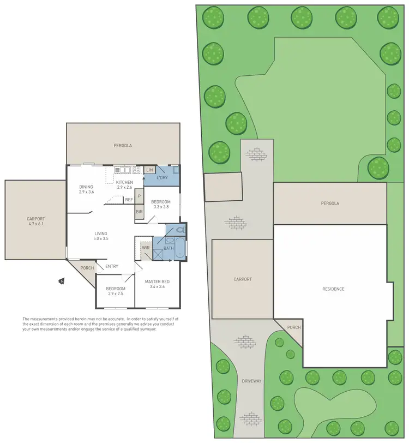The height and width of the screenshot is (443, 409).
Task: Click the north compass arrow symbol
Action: tap(62, 282)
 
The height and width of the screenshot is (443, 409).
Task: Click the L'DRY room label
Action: tap(162, 178)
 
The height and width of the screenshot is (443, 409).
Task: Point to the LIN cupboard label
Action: tap(150, 170)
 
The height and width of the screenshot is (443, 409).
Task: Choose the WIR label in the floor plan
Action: tap(146, 248)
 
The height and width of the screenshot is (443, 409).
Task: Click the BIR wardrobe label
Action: tap(140, 211)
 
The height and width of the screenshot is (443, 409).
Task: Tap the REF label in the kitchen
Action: tap(129, 200)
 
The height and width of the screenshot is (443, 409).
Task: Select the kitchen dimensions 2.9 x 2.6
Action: tap(124, 187)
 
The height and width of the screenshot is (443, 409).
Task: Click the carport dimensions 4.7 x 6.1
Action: tap(35, 224)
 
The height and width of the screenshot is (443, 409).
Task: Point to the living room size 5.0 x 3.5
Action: tap(100, 238)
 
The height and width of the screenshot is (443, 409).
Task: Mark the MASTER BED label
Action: tap(157, 282)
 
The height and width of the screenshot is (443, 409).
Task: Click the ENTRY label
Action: tap(112, 266)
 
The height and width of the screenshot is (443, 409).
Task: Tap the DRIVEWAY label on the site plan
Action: tap(252, 380)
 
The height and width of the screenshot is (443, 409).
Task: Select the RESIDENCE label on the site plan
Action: tap(333, 289)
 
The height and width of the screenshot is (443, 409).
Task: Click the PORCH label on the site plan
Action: tap(293, 327)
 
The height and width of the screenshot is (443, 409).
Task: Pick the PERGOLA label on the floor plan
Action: tap(123, 146)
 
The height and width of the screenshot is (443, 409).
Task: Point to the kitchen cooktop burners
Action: tap(136, 170)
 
